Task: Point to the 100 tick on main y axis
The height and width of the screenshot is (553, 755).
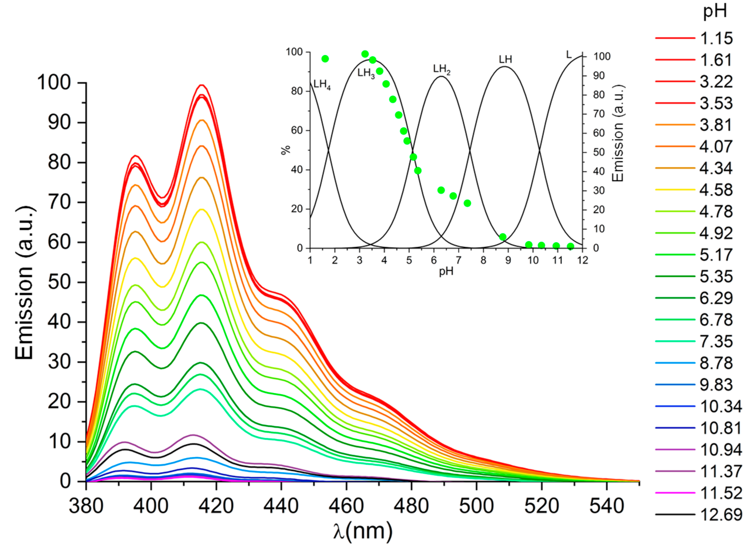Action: [57, 82]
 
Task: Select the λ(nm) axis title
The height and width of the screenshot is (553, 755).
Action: [362, 532]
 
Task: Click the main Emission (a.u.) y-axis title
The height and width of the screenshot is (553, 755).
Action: [24, 283]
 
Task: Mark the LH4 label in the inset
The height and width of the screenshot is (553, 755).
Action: [322, 85]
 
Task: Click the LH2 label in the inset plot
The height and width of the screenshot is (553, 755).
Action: [441, 69]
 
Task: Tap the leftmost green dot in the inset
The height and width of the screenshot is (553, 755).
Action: [324, 59]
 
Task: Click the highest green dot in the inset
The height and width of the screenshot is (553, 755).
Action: [365, 54]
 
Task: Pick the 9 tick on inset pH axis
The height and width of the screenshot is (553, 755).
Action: [508, 260]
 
